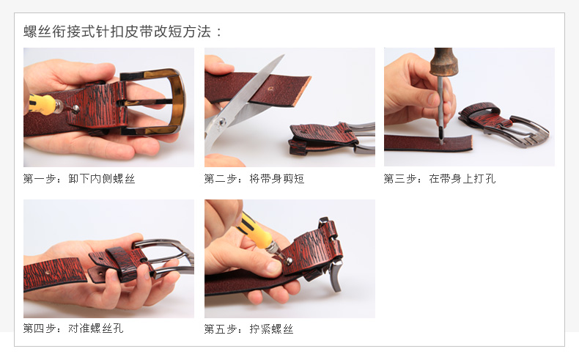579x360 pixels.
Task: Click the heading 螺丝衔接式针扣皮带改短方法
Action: coord(117,32)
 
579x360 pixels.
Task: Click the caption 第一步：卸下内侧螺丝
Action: coord(79,179)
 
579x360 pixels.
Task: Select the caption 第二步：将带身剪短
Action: coord(254,179)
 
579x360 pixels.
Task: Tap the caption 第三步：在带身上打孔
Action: coord(440,179)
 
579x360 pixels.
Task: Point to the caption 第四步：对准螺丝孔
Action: coord(73,328)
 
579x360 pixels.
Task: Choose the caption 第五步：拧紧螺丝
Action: coord(249,328)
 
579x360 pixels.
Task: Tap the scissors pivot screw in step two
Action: coord(221,122)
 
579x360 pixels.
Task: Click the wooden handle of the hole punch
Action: coord(443,61)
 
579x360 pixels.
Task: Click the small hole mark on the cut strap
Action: coord(270,89)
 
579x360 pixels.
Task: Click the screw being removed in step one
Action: coord(75,109)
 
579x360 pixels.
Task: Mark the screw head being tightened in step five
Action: coord(289,261)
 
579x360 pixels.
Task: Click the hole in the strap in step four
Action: coord(48,273)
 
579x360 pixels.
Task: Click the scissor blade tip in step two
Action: coord(283,56)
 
